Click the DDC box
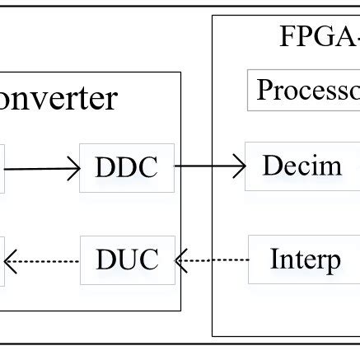click(126, 167)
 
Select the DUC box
click(126, 260)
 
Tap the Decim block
click(302, 167)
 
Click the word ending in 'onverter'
click(58, 98)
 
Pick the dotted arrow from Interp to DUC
click(213, 261)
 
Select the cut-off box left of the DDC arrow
click(2, 168)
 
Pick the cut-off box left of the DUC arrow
click(2, 262)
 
